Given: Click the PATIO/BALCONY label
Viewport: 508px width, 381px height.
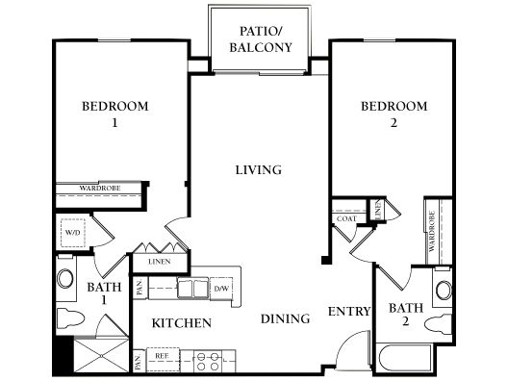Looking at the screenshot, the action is pyautogui.click(x=261, y=39).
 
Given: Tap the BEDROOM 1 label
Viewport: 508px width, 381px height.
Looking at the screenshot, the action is pyautogui.click(x=115, y=114).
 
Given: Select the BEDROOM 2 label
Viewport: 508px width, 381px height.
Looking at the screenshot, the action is pyautogui.click(x=394, y=114).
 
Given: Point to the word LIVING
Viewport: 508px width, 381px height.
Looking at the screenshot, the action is pyautogui.click(x=258, y=170).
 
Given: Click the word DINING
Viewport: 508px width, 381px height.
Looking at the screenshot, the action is pyautogui.click(x=285, y=318).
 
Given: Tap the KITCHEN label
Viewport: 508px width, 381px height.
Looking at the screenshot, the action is pyautogui.click(x=182, y=323).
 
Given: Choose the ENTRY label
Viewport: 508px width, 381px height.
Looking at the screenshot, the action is pyautogui.click(x=349, y=312).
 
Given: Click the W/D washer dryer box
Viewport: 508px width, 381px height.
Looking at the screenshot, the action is pyautogui.click(x=73, y=233).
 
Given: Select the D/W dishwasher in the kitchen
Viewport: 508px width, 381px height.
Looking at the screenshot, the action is pyautogui.click(x=221, y=288).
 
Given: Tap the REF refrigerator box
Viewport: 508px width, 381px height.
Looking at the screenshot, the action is pyautogui.click(x=163, y=359).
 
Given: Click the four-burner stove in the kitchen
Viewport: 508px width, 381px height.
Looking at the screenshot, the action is pyautogui.click(x=208, y=361).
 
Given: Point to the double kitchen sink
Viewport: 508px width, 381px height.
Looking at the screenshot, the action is pyautogui.click(x=192, y=288).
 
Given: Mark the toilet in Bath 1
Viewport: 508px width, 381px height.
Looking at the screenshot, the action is pyautogui.click(x=70, y=317).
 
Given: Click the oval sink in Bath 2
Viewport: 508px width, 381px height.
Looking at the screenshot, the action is pyautogui.click(x=444, y=291).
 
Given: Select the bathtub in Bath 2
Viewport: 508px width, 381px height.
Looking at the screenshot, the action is pyautogui.click(x=404, y=359).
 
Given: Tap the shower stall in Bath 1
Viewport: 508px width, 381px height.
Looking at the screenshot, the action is pyautogui.click(x=101, y=355).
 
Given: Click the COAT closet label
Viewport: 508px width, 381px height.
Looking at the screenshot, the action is pyautogui.click(x=346, y=218).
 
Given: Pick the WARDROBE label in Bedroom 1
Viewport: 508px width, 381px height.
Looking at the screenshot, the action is pyautogui.click(x=100, y=188).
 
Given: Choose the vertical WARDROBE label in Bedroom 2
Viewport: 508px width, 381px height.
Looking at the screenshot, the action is pyautogui.click(x=432, y=231).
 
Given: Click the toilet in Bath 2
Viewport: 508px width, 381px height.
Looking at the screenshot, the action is pyautogui.click(x=438, y=324).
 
